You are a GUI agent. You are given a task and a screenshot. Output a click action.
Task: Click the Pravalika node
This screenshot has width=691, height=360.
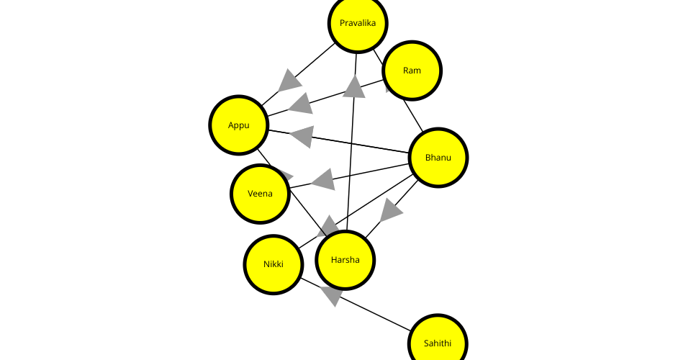(x=358, y=23)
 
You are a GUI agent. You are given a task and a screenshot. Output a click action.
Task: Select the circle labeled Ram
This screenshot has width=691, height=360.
(x=412, y=71)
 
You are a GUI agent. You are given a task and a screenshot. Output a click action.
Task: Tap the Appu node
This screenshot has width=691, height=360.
(x=239, y=125)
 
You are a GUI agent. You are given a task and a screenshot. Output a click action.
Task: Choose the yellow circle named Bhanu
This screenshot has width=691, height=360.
(x=438, y=158)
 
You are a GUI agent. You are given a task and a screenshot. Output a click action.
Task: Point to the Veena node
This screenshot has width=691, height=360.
(x=260, y=194)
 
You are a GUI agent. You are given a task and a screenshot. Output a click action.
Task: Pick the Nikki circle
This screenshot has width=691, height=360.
(x=273, y=264)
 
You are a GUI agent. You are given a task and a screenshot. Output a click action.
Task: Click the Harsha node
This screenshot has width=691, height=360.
(x=345, y=260)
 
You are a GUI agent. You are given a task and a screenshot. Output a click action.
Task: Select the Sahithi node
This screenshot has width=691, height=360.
(x=438, y=343)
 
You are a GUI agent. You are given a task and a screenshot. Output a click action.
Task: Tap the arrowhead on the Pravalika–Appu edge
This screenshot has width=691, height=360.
(x=289, y=81)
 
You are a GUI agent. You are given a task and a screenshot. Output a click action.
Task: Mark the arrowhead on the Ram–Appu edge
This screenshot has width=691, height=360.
(x=301, y=104)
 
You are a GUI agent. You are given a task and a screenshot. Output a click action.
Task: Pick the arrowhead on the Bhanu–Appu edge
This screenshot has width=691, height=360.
(x=302, y=135)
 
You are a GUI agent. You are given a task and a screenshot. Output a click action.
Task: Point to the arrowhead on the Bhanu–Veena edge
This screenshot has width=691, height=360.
(x=323, y=179)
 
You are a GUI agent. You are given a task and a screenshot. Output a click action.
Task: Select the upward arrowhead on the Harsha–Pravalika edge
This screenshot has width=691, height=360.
(x=354, y=87)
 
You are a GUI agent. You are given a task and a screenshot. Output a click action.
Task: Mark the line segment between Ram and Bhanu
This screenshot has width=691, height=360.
(x=412, y=114)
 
